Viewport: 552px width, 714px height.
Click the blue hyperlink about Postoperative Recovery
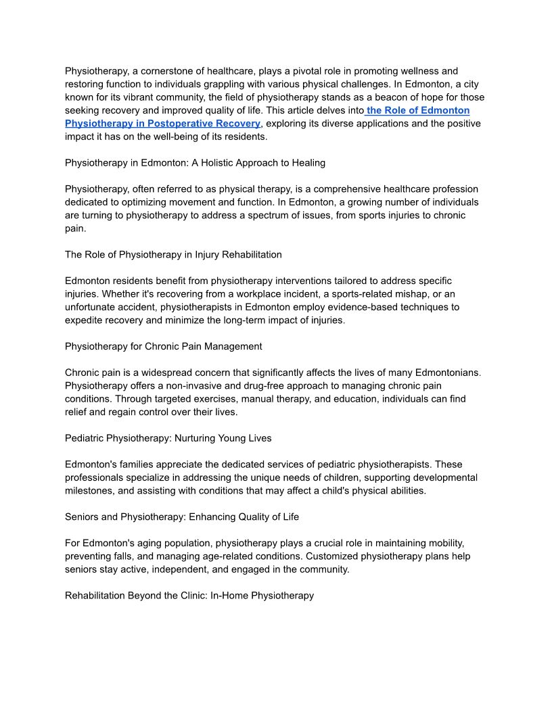point(162,124)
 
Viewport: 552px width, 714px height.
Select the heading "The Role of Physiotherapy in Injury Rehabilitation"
point(173,255)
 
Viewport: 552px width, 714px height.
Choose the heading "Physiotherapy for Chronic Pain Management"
point(163,346)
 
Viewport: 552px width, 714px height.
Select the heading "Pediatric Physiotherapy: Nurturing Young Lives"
point(168,438)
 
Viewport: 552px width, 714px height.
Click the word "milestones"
point(90,491)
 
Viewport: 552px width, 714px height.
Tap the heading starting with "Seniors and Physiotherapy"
point(181,517)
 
